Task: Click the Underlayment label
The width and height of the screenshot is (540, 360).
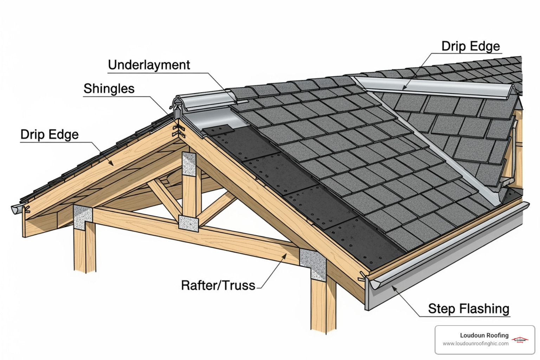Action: [x=149, y=65]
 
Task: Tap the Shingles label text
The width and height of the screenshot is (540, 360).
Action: [x=109, y=89]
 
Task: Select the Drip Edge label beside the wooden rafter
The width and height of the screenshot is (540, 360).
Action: [x=50, y=135]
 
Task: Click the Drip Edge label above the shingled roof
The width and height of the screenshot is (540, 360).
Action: [x=470, y=46]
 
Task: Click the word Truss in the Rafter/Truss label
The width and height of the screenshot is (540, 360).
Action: [x=239, y=285]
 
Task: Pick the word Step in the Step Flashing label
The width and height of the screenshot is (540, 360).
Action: [x=442, y=309]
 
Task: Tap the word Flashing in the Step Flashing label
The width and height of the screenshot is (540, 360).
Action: [x=484, y=309]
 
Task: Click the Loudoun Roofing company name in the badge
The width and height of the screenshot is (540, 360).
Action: [x=484, y=335]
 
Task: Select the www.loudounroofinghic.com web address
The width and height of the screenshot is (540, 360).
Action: [x=475, y=343]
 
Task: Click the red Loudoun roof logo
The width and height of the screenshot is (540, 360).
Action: [x=520, y=340]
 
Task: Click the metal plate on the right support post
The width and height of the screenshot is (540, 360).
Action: [x=313, y=264]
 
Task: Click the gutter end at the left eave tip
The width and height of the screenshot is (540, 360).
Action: [x=17, y=209]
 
